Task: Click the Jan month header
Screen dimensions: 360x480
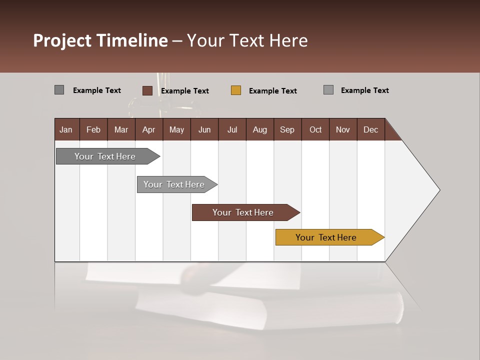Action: tap(66, 129)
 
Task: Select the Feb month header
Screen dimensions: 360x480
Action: tap(93, 129)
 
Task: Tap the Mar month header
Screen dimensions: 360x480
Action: tap(121, 129)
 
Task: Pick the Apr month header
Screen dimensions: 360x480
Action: tap(149, 129)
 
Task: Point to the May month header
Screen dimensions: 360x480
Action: tap(176, 129)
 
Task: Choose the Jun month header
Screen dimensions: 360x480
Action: tap(204, 129)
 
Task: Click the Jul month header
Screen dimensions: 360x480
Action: tap(232, 129)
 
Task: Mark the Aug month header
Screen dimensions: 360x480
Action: tap(260, 129)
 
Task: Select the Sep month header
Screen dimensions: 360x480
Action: tap(287, 129)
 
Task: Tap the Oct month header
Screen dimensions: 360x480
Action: tap(315, 129)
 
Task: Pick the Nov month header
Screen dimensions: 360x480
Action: tap(343, 129)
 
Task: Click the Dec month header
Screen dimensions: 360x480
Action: tap(371, 129)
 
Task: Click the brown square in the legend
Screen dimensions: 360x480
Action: tap(147, 90)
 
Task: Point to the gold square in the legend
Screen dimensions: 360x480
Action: tap(236, 90)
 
